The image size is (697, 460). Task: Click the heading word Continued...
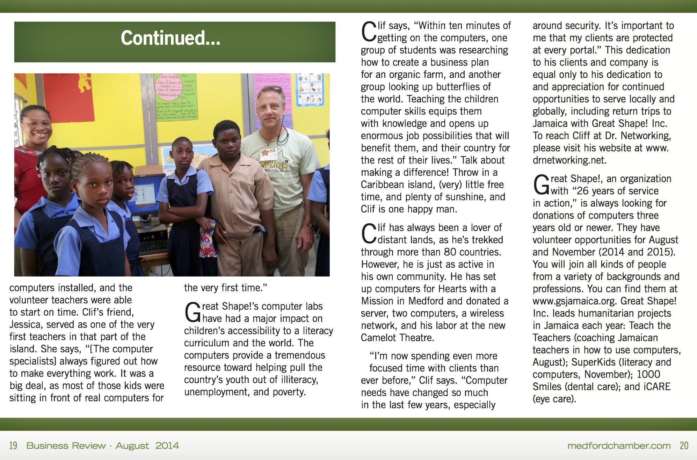(170, 38)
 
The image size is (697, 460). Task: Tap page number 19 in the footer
(13, 446)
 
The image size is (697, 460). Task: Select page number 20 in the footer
(684, 446)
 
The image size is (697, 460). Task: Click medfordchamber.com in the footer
(619, 446)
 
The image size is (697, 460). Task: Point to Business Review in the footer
(66, 446)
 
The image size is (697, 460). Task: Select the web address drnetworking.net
(569, 160)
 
